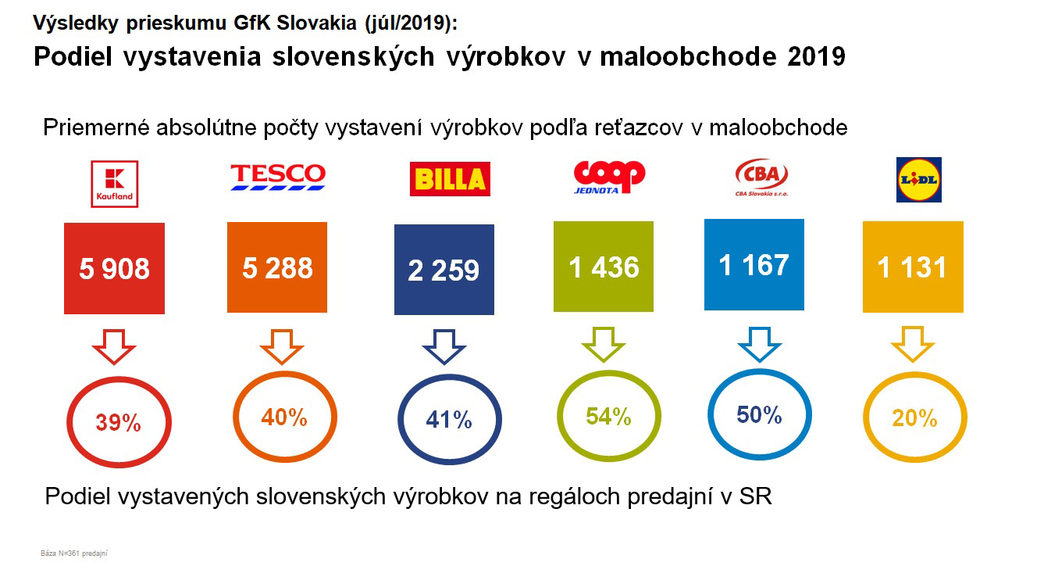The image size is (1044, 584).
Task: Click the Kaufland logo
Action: tap(114, 184)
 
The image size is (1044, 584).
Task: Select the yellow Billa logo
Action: tap(450, 179)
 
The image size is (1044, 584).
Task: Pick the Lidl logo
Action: tap(919, 179)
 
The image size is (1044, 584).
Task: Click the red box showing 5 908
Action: tap(115, 268)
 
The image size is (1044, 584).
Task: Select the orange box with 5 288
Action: tap(277, 267)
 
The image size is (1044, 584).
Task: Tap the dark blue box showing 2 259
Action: tap(444, 270)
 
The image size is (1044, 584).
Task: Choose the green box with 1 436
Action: tap(604, 267)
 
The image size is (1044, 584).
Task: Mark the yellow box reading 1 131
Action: tap(912, 267)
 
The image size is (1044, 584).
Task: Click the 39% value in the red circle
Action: tap(118, 423)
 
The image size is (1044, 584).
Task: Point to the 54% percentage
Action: tap(608, 417)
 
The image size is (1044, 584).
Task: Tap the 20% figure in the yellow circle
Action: tap(914, 418)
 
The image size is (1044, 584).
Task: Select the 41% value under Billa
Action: tap(449, 420)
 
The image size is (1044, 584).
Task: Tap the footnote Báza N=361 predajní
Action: tap(73, 554)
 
